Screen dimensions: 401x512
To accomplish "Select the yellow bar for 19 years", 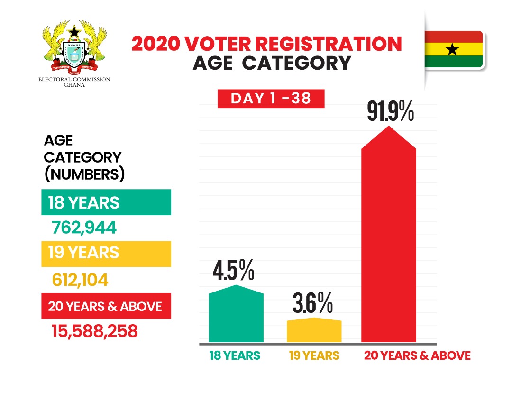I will tap(314, 330).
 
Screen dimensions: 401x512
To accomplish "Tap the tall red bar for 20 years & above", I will tap(389, 237).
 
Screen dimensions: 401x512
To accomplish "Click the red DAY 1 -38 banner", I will tap(271, 99).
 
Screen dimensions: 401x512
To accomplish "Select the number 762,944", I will tap(83, 228).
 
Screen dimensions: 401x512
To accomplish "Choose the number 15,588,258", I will tap(95, 331).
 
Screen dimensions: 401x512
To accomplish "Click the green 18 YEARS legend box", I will tap(106, 202).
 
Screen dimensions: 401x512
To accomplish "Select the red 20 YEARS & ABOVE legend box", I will tap(106, 306).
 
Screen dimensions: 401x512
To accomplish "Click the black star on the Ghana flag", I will tap(453, 49).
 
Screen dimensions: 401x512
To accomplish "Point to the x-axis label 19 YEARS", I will tap(314, 355).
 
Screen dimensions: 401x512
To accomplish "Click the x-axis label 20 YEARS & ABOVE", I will tap(417, 355).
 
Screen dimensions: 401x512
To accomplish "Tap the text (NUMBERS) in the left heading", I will tap(84, 174).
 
